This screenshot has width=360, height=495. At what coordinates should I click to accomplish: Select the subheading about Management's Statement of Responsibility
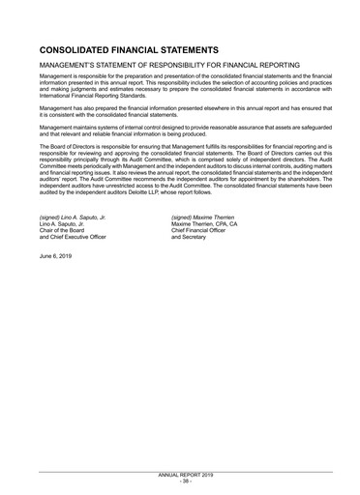click(169, 65)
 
